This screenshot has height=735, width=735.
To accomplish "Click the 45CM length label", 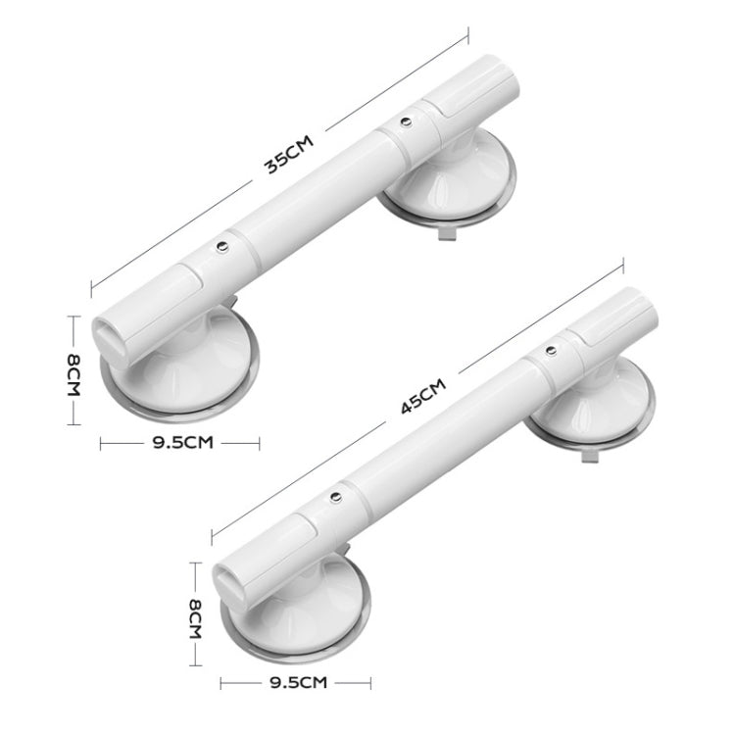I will [422, 397].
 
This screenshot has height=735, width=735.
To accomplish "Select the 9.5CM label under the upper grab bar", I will [182, 443].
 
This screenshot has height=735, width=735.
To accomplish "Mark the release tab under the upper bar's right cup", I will [445, 234].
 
